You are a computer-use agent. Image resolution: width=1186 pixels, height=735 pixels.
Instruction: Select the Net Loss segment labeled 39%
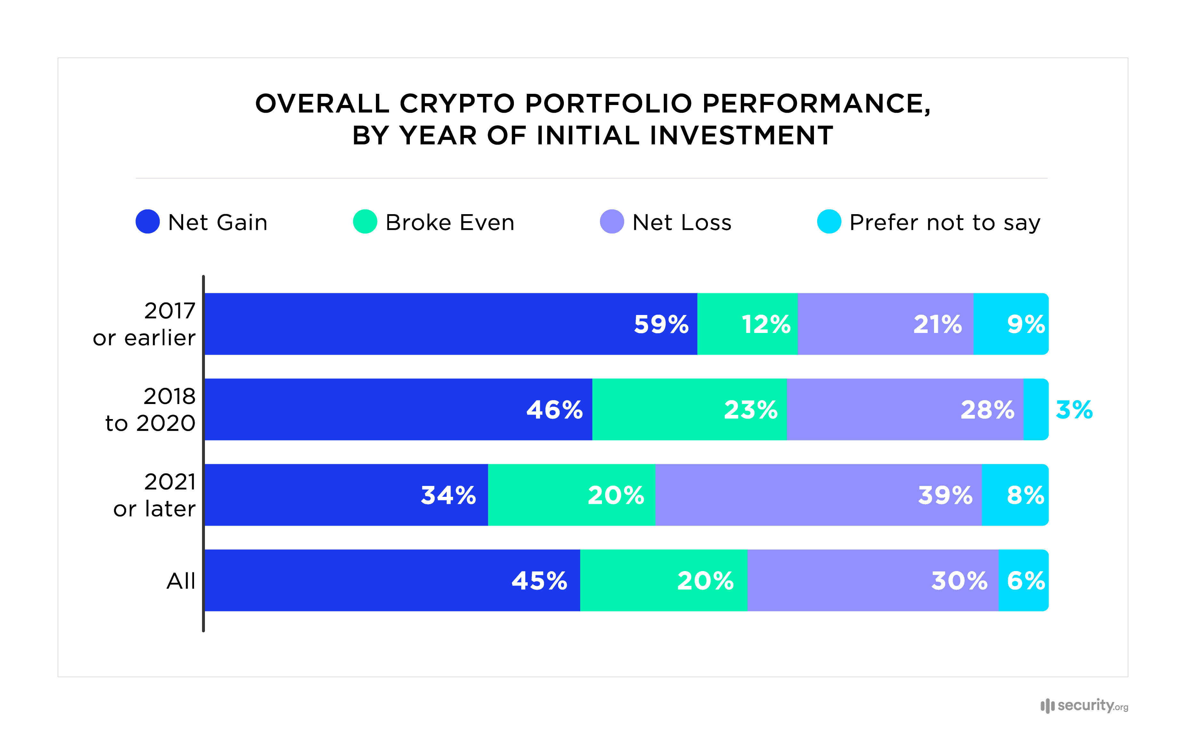point(818,495)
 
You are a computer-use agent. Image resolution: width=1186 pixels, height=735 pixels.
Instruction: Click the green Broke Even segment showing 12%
point(747,324)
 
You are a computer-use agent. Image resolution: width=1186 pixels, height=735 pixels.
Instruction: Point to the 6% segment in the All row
point(1023,580)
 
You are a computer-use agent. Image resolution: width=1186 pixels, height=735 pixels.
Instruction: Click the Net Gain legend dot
point(148,222)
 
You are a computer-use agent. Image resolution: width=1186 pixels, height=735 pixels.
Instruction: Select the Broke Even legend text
point(450,222)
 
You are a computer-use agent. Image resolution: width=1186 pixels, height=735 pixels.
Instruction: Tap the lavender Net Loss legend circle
point(612,222)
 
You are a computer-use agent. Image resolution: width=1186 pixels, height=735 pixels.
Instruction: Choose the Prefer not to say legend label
point(945,222)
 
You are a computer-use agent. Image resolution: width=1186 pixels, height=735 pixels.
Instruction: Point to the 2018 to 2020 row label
point(151,409)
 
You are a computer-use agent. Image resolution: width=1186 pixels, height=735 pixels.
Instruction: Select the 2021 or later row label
point(155,495)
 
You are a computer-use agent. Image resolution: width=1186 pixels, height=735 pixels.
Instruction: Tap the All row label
point(181,581)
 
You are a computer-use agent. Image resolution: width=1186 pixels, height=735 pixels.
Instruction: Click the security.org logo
point(1084,705)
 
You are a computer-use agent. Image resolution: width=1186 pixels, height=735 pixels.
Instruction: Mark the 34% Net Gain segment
point(346,495)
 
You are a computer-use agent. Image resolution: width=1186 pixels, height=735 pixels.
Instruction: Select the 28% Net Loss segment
point(905,409)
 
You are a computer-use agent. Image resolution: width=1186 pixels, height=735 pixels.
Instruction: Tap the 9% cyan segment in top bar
point(1011,324)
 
